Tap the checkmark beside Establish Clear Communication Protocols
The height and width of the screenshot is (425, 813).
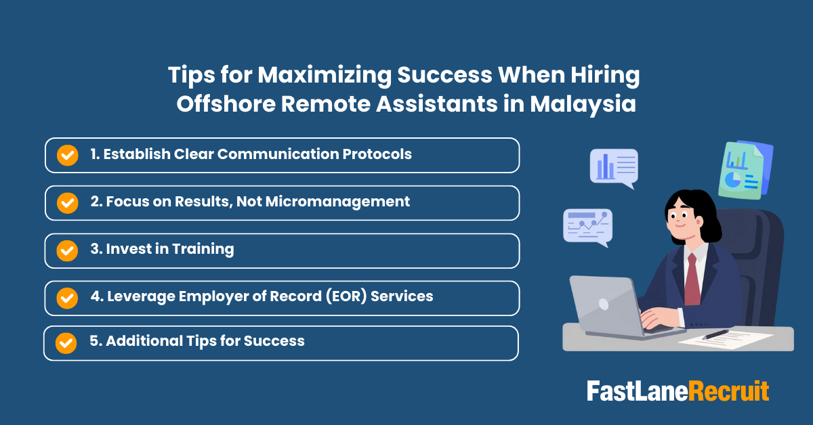67,155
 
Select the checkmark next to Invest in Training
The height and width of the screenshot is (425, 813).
67,250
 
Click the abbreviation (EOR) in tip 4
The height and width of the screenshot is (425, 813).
347,296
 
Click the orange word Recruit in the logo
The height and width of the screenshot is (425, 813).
729,392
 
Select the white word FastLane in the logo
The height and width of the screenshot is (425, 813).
637,392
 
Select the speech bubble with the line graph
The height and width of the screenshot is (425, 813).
587,225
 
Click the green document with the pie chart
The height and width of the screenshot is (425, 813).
741,169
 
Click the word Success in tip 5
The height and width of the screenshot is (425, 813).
276,341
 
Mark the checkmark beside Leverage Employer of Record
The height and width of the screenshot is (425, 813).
67,298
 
